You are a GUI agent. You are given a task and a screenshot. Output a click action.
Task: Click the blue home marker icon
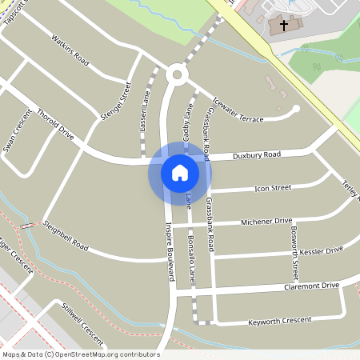tap(179, 173)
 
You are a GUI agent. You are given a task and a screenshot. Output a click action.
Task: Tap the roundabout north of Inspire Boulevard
tap(176, 76)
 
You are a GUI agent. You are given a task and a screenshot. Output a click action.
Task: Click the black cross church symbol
tap(282, 25)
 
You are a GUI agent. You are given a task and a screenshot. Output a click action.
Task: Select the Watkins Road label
tap(70, 48)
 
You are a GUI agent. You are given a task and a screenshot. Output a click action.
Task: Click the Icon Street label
tap(272, 189)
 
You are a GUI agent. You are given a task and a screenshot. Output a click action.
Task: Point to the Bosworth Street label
tap(294, 250)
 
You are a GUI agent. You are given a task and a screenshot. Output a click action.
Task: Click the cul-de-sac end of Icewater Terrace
tap(296, 109)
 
